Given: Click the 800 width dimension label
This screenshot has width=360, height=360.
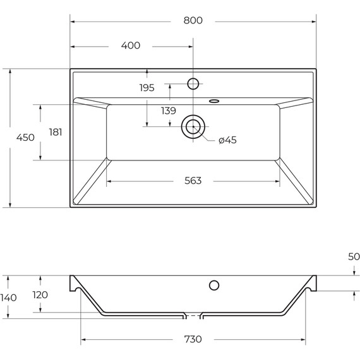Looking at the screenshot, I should pyautogui.click(x=193, y=20).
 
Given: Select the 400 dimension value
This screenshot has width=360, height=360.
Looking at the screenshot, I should pyautogui.click(x=130, y=45).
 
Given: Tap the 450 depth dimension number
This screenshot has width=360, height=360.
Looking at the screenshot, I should pyautogui.click(x=25, y=138).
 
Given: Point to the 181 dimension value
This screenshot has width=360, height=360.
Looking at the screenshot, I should pyautogui.click(x=56, y=132).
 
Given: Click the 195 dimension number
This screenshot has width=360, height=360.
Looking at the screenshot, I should pyautogui.click(x=147, y=88).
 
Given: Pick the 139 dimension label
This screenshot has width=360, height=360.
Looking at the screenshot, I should pyautogui.click(x=168, y=111).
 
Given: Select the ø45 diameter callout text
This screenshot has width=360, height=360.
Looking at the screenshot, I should pyautogui.click(x=227, y=140).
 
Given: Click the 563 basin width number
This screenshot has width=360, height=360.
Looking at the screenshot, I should pyautogui.click(x=193, y=181).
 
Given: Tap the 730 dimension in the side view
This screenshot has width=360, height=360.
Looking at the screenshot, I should pyautogui.click(x=193, y=339).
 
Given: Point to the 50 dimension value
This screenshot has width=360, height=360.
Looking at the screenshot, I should pyautogui.click(x=353, y=256).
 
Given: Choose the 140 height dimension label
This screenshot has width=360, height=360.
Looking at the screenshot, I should pyautogui.click(x=9, y=297).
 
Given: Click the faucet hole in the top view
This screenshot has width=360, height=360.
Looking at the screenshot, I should pyautogui.click(x=193, y=83).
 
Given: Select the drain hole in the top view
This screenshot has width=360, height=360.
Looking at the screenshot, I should pyautogui.click(x=193, y=127).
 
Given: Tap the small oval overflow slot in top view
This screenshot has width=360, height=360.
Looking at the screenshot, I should pyautogui.click(x=214, y=99).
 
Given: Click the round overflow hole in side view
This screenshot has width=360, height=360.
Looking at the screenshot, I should pyautogui.click(x=214, y=284).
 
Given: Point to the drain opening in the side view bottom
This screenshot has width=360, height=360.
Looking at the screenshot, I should pyautogui.click(x=193, y=315).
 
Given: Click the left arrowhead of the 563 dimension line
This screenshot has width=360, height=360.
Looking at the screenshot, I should pyautogui.click(x=109, y=181).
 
